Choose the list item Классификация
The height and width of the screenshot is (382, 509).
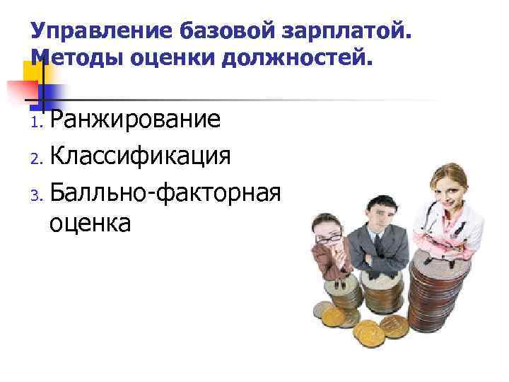pyautogui.click(x=140, y=155)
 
